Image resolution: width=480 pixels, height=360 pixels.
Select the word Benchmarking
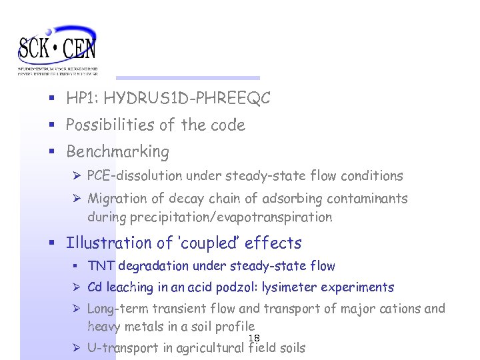tap(117, 152)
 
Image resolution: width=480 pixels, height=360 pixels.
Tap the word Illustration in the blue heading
tap(109, 243)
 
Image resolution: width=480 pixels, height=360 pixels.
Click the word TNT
tap(101, 267)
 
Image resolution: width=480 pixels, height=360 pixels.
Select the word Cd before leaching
tap(94, 288)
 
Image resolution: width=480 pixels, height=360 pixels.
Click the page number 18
tap(254, 338)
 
